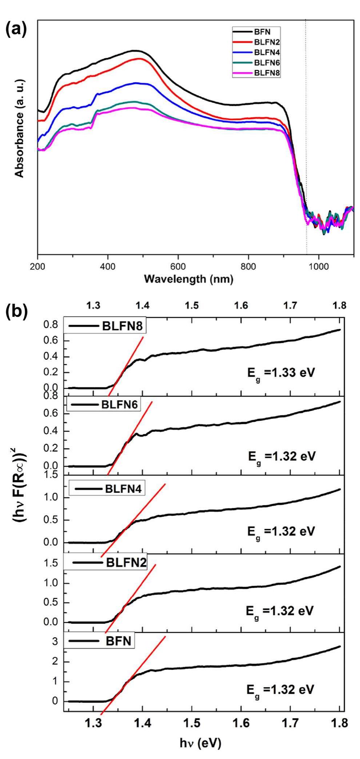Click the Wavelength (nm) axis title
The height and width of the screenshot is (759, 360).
189,280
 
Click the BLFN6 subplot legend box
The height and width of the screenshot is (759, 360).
104,405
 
